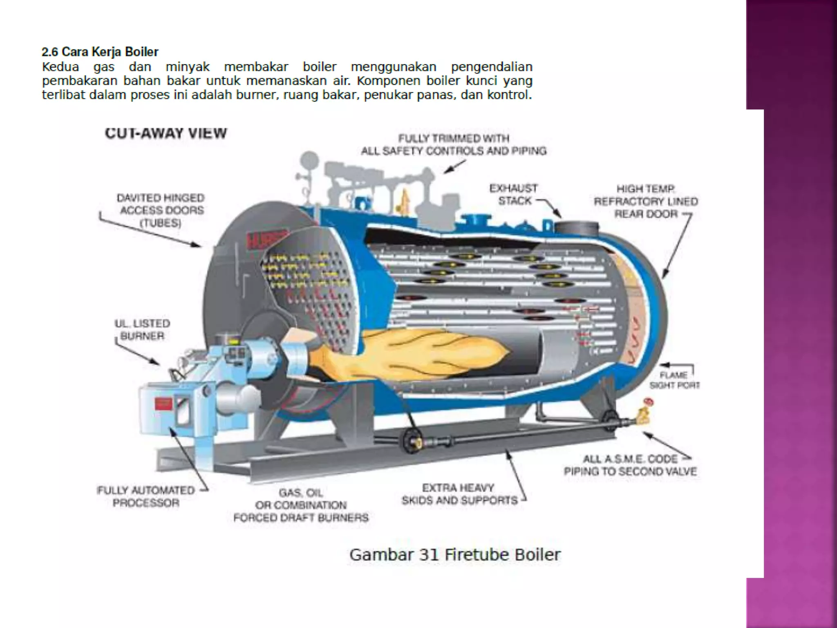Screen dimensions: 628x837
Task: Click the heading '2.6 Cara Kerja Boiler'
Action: pyautogui.click(x=100, y=52)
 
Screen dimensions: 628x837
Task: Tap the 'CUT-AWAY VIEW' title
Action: pyautogui.click(x=166, y=133)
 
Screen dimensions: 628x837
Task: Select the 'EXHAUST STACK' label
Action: pyautogui.click(x=514, y=195)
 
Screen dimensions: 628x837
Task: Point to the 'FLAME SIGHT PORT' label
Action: pyautogui.click(x=674, y=380)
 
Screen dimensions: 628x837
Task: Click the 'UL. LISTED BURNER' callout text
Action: pyautogui.click(x=142, y=330)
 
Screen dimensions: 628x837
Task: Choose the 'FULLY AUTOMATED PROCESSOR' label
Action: pyautogui.click(x=146, y=496)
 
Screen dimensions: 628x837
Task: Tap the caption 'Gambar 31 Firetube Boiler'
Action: pyautogui.click(x=455, y=555)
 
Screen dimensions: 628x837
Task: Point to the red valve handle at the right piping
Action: pyautogui.click(x=648, y=402)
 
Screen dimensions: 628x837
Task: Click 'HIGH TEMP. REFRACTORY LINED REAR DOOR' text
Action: pyautogui.click(x=646, y=201)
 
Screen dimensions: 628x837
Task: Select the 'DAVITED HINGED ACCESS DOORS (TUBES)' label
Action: pyautogui.click(x=161, y=210)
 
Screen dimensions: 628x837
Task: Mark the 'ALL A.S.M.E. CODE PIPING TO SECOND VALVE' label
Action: pyautogui.click(x=630, y=465)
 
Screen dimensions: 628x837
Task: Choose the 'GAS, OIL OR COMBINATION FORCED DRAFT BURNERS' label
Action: pyautogui.click(x=301, y=505)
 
